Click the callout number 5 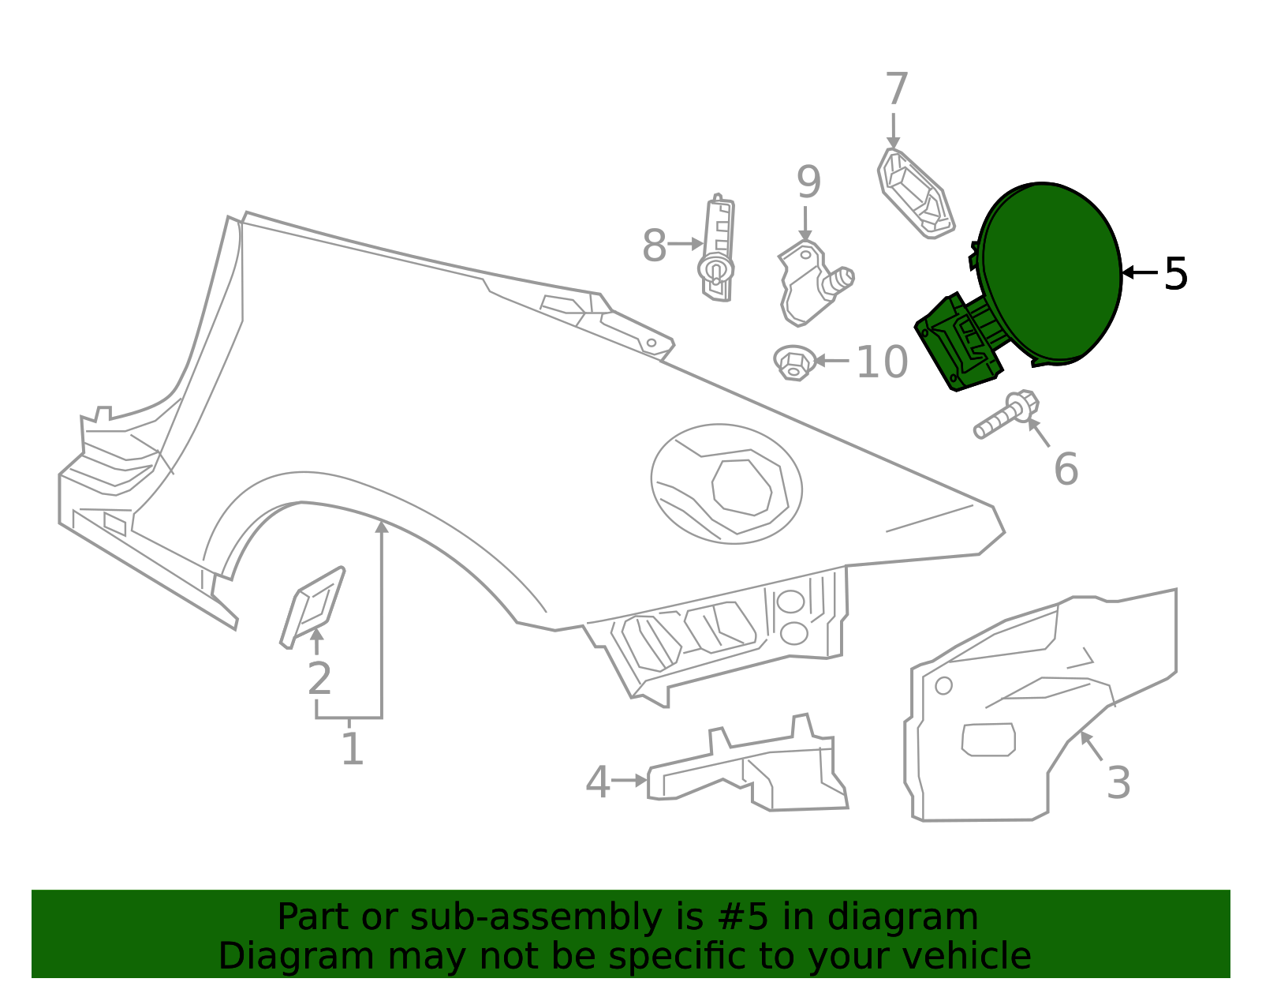click(1175, 274)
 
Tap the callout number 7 click(896, 89)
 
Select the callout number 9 click(808, 182)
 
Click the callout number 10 click(882, 362)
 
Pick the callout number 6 click(1066, 469)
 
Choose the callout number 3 click(1118, 782)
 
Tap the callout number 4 click(597, 782)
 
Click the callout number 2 click(319, 678)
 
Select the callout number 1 click(352, 748)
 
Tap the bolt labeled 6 click(1005, 415)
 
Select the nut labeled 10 click(793, 362)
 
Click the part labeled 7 click(915, 193)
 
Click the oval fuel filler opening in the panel click(726, 484)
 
